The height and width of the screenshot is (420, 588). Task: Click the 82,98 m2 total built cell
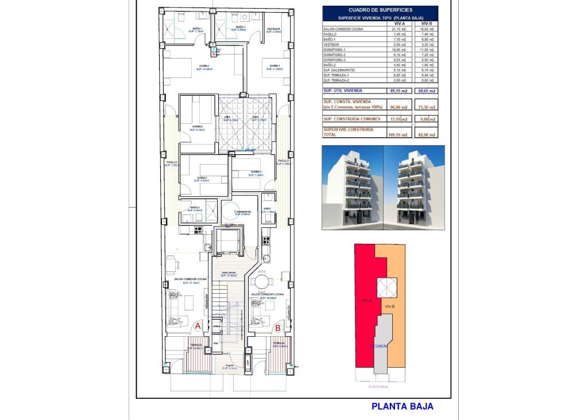(425, 134)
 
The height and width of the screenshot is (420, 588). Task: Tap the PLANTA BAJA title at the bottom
(402, 407)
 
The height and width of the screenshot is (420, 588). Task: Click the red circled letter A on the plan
(197, 325)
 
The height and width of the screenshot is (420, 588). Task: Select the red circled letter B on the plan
(278, 328)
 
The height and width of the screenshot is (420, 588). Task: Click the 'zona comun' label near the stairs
(229, 273)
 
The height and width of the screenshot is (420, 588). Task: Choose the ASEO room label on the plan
(268, 209)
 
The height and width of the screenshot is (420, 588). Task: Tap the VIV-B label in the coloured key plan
(389, 307)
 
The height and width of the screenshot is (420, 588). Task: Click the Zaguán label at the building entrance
(229, 365)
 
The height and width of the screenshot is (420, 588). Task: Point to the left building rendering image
(352, 187)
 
